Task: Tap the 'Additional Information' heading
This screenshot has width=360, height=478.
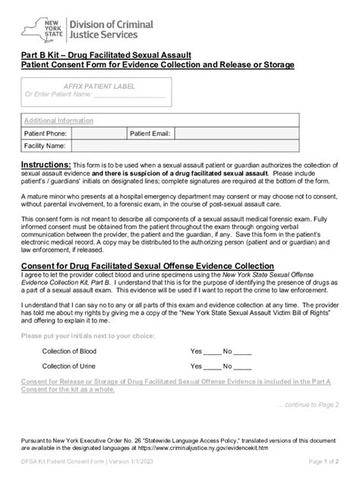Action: tap(58, 121)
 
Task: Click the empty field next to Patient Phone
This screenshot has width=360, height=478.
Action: tap(96, 133)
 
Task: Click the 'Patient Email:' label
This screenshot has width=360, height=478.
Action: tap(150, 133)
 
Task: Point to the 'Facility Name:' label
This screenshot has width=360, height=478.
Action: tap(45, 145)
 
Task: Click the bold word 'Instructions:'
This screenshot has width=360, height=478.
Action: tap(46, 165)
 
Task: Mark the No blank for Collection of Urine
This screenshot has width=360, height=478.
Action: tap(242, 366)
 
